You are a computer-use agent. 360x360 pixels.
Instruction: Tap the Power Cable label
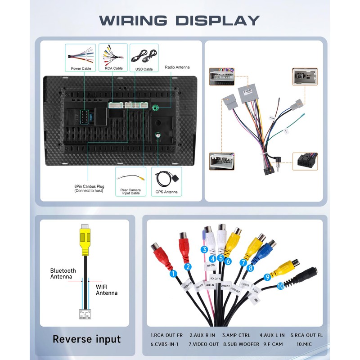tap(81, 68)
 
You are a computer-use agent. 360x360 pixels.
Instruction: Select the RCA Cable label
tap(113, 68)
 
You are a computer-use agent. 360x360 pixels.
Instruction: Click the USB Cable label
tap(144, 69)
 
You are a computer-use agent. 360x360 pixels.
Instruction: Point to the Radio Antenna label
tap(177, 67)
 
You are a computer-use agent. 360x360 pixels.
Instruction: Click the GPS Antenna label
tap(167, 192)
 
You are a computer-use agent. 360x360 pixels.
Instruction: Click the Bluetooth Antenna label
tap(63, 274)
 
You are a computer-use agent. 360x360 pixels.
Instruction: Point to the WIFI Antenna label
tap(107, 290)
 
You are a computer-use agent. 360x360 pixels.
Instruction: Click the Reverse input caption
tap(87, 339)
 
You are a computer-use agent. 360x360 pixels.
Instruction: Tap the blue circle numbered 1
tap(172, 273)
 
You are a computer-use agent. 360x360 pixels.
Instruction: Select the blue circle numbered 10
tap(281, 286)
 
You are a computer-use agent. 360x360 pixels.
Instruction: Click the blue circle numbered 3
tap(204, 250)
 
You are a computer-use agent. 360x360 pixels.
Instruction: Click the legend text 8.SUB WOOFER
tap(241, 344)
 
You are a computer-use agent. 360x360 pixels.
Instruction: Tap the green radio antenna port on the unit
tap(156, 108)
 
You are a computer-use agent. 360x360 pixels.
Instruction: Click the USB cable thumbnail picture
tap(144, 56)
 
